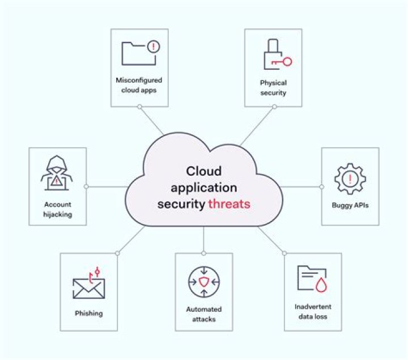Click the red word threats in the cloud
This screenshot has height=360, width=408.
tap(229, 204)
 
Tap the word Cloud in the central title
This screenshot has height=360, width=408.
tap(204, 171)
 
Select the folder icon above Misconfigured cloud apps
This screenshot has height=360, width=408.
tap(138, 54)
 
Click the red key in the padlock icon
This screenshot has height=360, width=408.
tap(282, 62)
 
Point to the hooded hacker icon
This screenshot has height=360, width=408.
tap(57, 173)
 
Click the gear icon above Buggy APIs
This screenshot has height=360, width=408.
tap(350, 179)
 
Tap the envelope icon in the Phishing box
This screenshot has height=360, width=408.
tap(89, 289)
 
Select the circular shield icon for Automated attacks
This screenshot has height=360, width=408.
tap(204, 282)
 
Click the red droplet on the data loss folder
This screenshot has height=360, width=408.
tap(321, 285)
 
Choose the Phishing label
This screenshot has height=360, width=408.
tap(89, 313)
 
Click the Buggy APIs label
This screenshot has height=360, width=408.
tap(350, 205)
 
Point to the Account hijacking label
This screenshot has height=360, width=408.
tap(57, 209)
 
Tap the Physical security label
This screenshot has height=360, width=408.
tap(273, 88)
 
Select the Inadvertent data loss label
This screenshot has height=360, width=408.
tap(313, 312)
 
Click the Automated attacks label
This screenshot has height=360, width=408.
tap(204, 314)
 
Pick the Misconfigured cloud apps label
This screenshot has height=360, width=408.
tap(139, 85)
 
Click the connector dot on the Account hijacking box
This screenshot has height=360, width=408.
tap(86, 187)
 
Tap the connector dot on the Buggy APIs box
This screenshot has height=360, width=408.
tap(322, 187)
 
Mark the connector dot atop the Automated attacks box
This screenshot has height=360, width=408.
tap(204, 253)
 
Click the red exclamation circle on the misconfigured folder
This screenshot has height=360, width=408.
tap(154, 47)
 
